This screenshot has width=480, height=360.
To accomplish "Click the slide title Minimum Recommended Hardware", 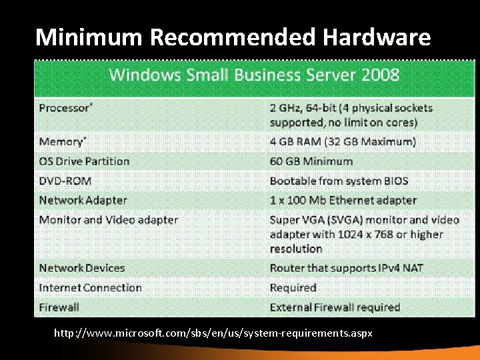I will point(233,37).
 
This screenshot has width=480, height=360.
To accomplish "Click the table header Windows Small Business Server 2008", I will point(254,74).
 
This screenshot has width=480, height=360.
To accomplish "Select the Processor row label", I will point(65,108).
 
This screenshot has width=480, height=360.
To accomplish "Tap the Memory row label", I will point(62,141).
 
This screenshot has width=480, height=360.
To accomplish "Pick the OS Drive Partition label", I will point(84,161).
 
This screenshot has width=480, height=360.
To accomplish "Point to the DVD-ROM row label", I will point(65,181).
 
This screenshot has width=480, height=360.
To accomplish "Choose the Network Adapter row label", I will point(83,200).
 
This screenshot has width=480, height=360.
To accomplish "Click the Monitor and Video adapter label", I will point(108,220).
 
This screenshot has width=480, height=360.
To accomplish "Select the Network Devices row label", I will point(82,268).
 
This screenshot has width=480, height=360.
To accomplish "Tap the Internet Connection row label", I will point(90,288).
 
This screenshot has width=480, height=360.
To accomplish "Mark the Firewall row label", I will point(59,307).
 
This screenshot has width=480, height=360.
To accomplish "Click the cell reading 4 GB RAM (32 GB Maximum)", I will point(343,141).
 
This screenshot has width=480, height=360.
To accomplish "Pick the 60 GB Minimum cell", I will point(311,161).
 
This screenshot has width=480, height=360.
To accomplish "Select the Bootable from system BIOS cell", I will point(339,181).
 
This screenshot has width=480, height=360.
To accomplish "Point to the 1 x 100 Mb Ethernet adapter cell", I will point(343,200).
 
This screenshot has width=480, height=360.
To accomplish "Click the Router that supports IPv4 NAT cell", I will point(346,268).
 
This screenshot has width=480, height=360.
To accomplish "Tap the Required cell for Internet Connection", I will point(293,288).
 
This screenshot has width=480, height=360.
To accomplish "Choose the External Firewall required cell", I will point(335,307).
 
